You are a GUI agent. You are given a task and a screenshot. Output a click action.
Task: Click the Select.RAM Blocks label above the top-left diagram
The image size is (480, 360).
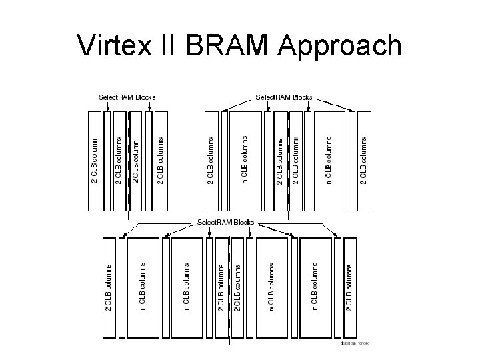(127, 97)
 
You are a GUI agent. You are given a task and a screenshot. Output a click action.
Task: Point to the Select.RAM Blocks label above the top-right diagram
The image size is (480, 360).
(284, 97)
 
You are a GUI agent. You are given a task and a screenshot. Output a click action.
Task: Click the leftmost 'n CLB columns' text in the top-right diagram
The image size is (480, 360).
(245, 160)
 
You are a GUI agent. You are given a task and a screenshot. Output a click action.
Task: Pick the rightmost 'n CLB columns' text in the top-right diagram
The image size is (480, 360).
(329, 160)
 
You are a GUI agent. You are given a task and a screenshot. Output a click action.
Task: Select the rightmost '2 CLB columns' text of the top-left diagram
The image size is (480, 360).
(160, 160)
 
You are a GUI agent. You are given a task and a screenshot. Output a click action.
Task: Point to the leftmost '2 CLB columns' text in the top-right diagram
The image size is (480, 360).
(211, 160)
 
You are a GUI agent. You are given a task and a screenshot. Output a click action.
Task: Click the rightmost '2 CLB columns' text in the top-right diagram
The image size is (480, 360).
(363, 160)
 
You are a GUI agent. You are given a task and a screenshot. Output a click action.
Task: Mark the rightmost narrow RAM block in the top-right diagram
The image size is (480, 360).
(351, 160)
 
